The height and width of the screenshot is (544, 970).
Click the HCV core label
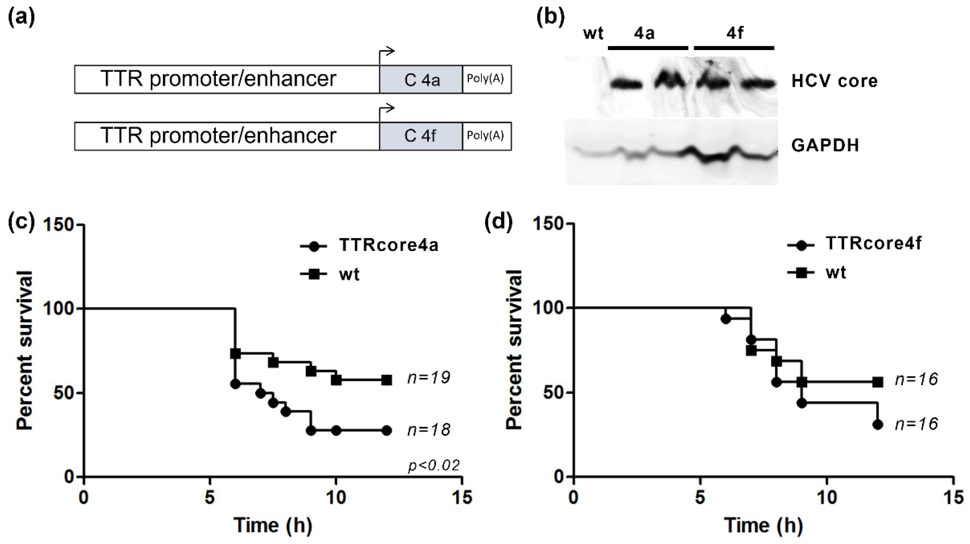[x=834, y=81]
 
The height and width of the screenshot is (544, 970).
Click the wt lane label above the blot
[x=593, y=34]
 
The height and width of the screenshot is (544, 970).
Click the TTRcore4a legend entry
[x=369, y=245]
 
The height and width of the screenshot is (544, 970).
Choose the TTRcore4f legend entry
[x=854, y=244]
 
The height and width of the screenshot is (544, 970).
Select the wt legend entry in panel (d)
[x=817, y=272]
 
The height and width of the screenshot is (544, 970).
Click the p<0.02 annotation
[x=434, y=466]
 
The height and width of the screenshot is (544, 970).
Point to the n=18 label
[x=428, y=430]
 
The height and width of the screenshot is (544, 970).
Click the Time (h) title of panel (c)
[x=273, y=525]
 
